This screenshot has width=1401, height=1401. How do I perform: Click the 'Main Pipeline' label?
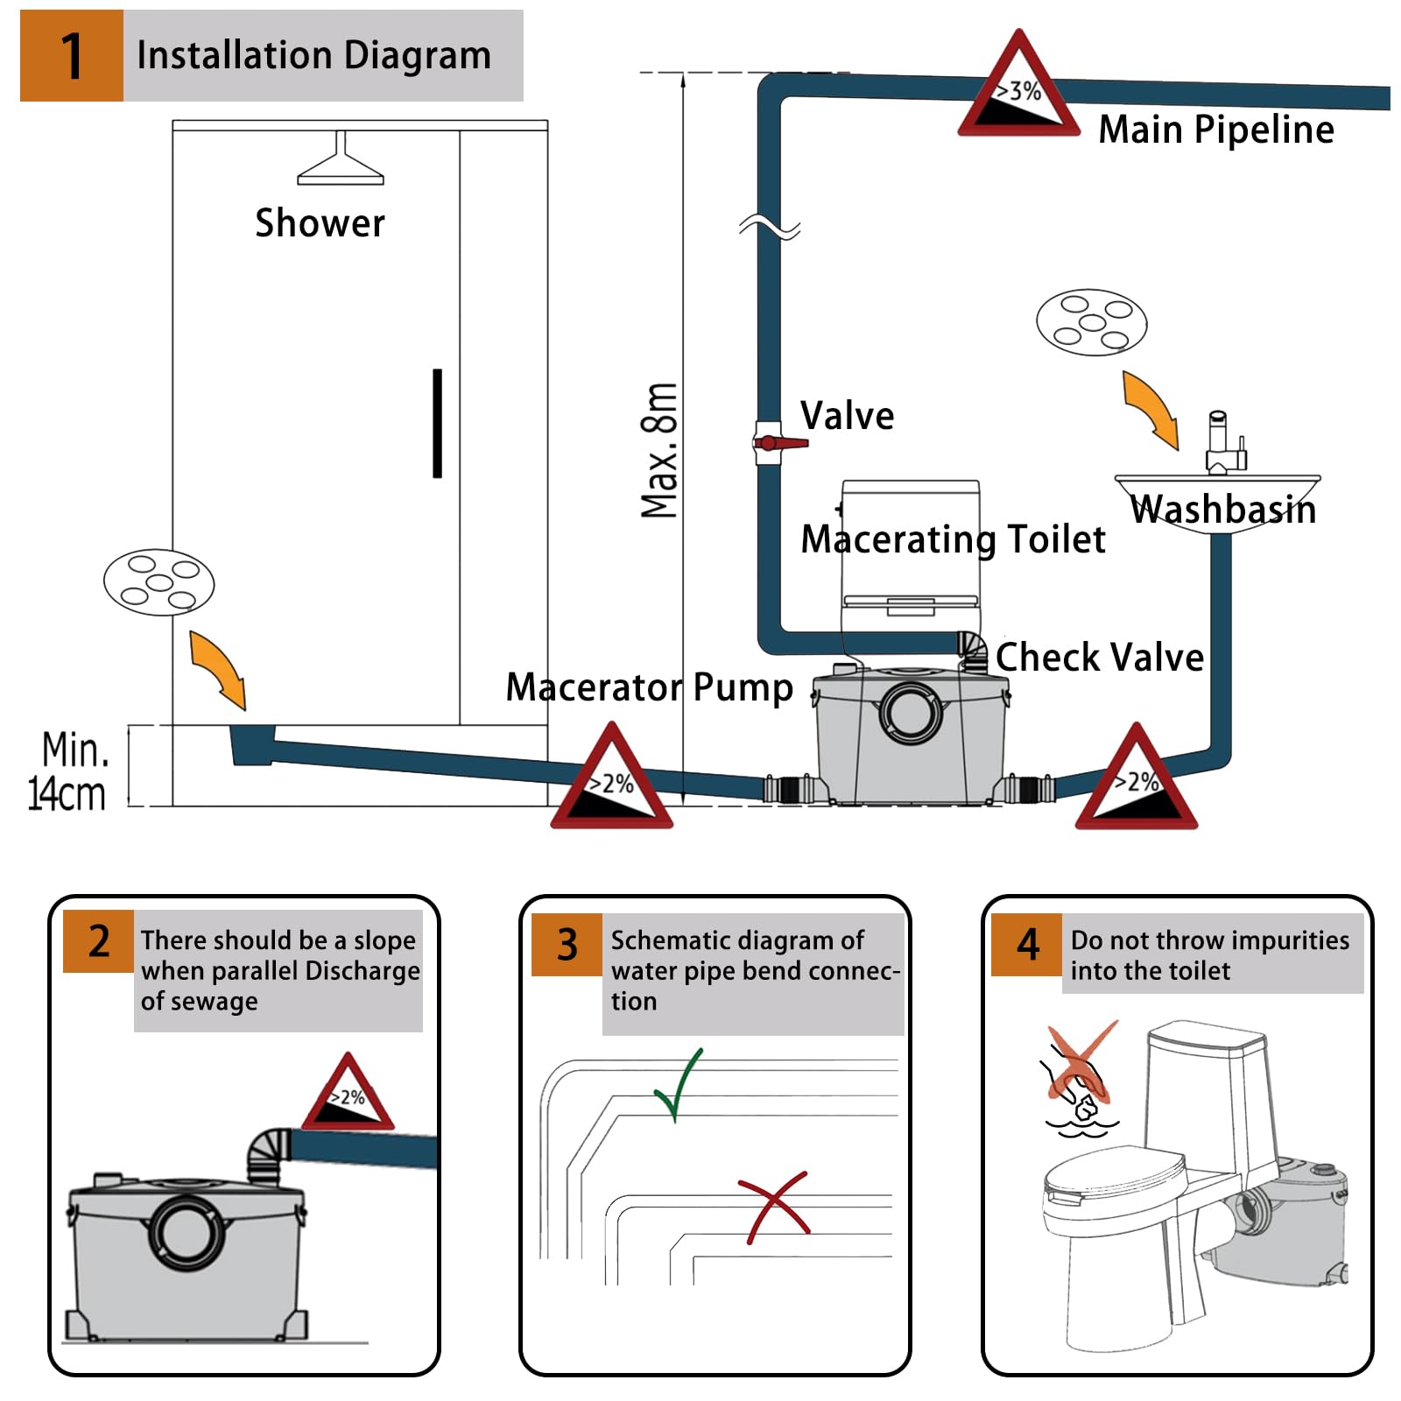pyautogui.click(x=1215, y=130)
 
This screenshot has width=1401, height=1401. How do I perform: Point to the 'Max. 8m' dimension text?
pyautogui.click(x=659, y=450)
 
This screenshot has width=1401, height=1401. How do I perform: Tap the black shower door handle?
pyautogui.click(x=437, y=423)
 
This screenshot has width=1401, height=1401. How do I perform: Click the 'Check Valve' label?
pyautogui.click(x=1100, y=657)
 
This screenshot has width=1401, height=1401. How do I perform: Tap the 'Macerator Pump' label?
pyautogui.click(x=649, y=687)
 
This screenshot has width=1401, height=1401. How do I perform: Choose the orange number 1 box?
pyautogui.click(x=72, y=56)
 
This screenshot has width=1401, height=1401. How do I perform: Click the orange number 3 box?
pyautogui.click(x=567, y=945)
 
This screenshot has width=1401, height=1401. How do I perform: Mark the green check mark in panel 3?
pyautogui.click(x=679, y=1084)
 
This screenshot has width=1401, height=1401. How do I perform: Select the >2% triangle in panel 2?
pyautogui.click(x=348, y=1095)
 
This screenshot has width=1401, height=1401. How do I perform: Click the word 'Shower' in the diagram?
pyautogui.click(x=320, y=223)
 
